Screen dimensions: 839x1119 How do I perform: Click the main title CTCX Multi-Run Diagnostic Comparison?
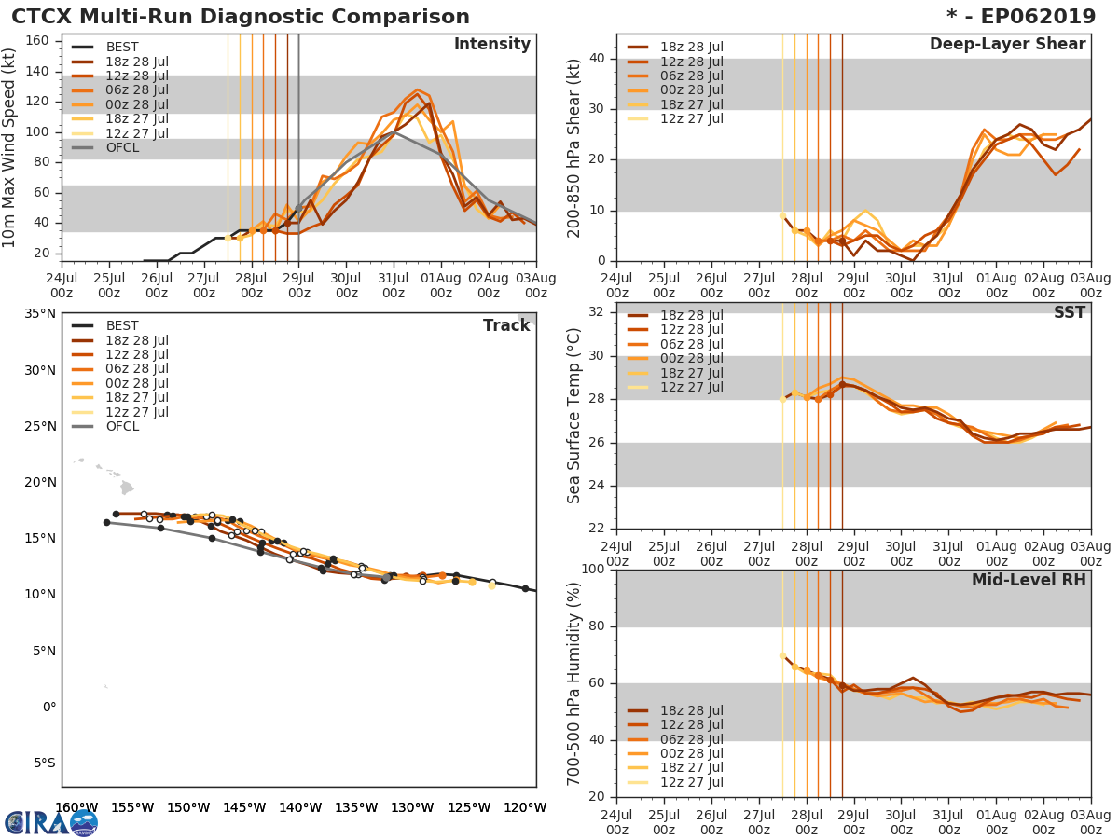tap(241, 17)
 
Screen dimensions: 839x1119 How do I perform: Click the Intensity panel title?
tap(491, 45)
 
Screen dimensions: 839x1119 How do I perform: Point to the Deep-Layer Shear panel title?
tap(1007, 45)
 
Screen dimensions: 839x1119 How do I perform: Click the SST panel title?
tap(1069, 313)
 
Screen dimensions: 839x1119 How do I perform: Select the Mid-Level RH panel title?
tap(1028, 581)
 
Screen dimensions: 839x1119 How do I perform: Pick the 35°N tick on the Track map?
tap(39, 314)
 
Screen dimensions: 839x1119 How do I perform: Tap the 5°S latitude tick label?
tap(43, 763)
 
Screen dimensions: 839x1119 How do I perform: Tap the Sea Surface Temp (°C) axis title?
tap(574, 415)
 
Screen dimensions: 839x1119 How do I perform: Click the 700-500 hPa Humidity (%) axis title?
tap(574, 682)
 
